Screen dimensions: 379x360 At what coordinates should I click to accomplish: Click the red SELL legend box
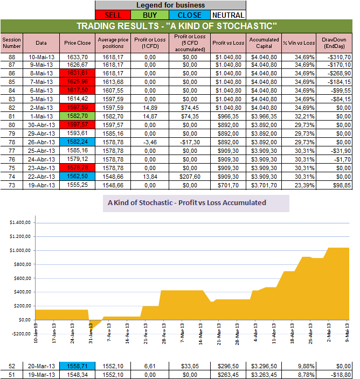113,15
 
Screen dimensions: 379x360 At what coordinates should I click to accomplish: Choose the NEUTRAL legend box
227,15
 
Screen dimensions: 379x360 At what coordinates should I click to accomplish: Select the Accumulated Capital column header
264,43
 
